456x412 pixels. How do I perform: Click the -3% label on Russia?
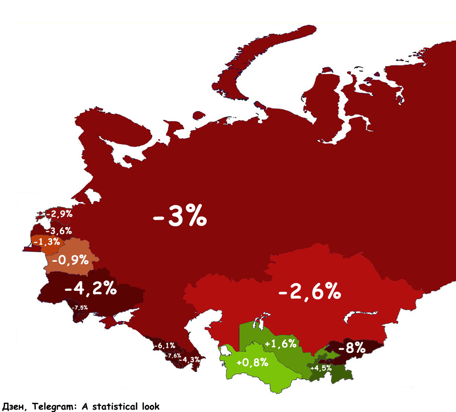[x=179, y=217]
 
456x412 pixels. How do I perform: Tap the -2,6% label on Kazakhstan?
[x=310, y=292]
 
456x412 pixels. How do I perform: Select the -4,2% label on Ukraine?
[x=90, y=288]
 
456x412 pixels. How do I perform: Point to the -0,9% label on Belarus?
[x=70, y=260]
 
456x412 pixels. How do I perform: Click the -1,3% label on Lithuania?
[x=47, y=242]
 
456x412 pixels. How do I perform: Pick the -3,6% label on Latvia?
[x=59, y=231]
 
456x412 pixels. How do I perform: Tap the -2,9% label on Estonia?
[x=59, y=214]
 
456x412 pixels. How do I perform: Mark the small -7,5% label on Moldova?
[x=80, y=307]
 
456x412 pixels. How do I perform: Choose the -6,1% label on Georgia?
[x=165, y=345]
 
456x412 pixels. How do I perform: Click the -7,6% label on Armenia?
[x=173, y=356]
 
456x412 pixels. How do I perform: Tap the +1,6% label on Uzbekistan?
[x=280, y=344]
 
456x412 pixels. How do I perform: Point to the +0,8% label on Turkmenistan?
[x=252, y=363]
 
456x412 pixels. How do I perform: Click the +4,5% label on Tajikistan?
[x=321, y=368]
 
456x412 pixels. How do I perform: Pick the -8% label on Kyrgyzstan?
[x=351, y=347]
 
